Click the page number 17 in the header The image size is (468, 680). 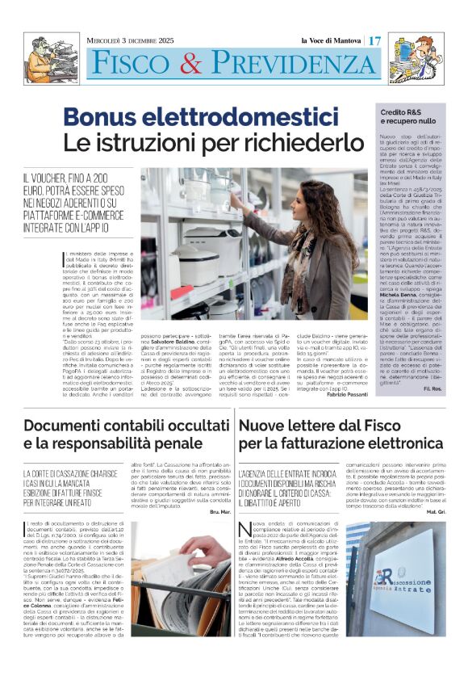pyautogui.click(x=374, y=40)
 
